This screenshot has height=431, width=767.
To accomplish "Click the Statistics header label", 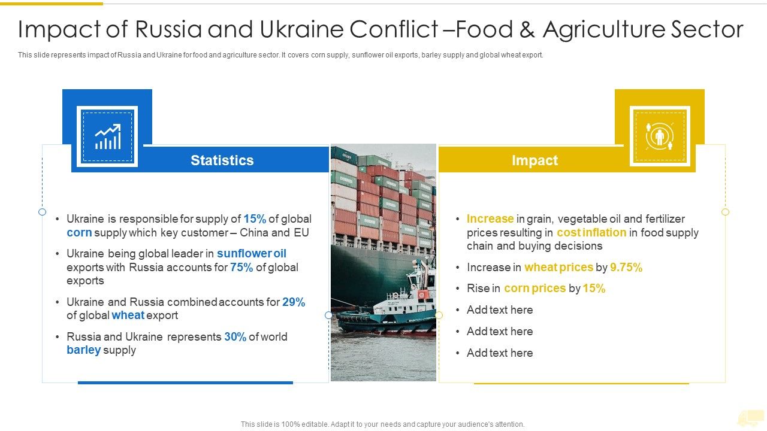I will [222, 160].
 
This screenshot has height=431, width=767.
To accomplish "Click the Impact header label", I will [535, 160].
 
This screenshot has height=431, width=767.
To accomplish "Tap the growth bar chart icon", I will [107, 137].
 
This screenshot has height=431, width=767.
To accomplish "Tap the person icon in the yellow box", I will [659, 137].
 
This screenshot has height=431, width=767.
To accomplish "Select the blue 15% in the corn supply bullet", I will [255, 219].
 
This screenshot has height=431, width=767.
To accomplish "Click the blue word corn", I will [79, 233].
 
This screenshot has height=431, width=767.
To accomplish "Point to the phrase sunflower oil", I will [252, 254].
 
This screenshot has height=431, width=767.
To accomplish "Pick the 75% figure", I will [241, 268].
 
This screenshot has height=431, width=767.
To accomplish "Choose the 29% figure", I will [294, 302].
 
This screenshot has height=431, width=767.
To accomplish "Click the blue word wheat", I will [128, 315].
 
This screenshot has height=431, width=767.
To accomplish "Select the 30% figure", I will [235, 337].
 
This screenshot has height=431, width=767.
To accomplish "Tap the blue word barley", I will [83, 350].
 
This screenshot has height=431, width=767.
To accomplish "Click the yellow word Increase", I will [490, 219].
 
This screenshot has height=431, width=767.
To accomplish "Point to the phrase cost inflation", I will [591, 233].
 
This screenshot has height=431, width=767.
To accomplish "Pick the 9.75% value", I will [626, 268].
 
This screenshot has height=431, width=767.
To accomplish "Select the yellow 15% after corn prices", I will [594, 289].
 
